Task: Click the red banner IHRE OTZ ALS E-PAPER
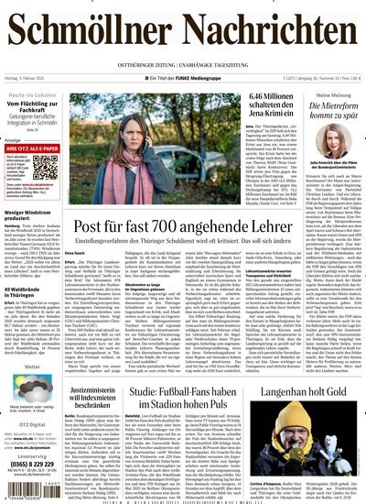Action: (x=38, y=146)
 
